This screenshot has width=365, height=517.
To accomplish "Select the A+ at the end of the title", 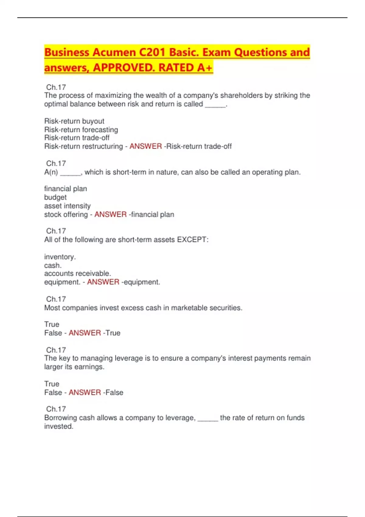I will point(205,68).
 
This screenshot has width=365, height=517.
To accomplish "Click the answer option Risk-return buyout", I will point(74,121).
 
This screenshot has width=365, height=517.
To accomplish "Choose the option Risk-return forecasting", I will point(81,130).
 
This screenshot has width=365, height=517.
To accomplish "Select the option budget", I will point(55,197).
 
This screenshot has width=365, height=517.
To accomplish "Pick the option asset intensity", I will point(67,206).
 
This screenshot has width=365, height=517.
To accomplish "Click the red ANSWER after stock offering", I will point(110,214).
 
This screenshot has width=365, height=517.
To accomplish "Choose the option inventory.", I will point(60,257).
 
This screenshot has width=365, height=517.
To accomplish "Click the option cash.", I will point(53,265).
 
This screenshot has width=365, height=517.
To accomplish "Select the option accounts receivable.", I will point(77,273).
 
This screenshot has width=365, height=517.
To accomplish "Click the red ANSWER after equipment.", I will point(103,282).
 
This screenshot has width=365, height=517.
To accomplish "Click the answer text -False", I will point(113,393).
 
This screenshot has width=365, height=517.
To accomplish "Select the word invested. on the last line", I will point(59,426).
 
